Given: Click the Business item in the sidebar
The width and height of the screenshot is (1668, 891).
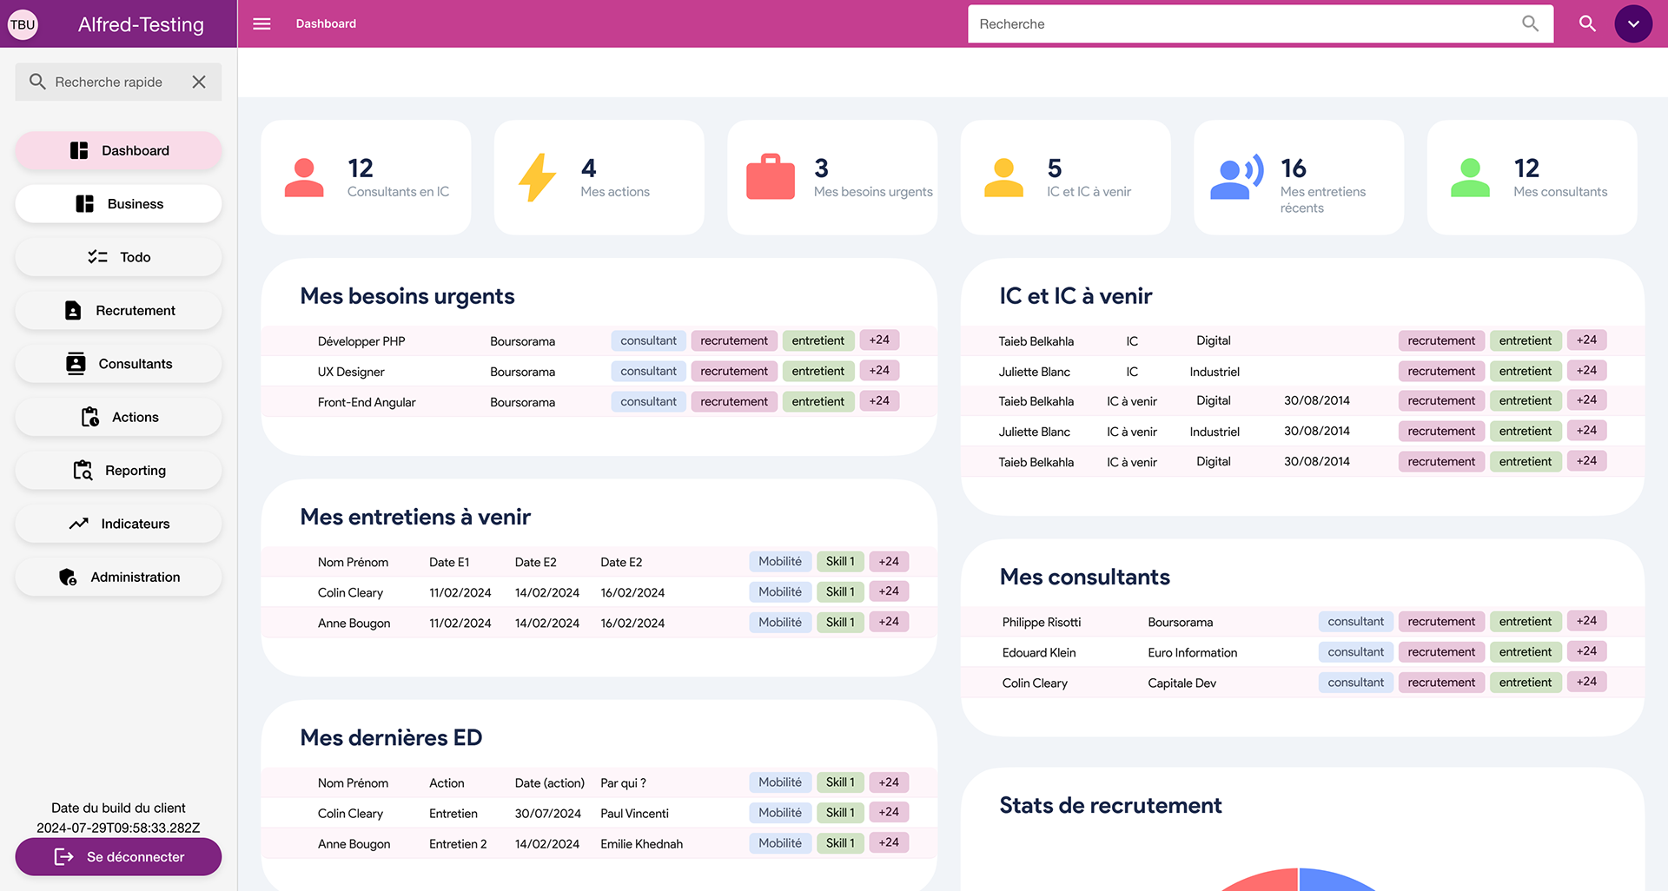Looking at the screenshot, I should (119, 204).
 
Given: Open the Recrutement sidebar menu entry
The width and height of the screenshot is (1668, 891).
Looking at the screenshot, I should (119, 311).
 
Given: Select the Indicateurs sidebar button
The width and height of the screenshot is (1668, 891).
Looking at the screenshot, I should (119, 524).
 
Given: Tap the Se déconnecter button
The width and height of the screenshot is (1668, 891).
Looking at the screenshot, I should (119, 857).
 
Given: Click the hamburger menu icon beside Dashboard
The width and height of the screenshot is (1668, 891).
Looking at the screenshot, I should (261, 23).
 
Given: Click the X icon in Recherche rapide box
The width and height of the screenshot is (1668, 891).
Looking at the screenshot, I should (199, 82).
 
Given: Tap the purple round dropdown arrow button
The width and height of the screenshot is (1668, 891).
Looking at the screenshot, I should (1632, 23).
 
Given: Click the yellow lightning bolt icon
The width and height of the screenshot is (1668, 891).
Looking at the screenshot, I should (537, 177).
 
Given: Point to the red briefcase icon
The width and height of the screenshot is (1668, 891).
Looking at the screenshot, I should (770, 177).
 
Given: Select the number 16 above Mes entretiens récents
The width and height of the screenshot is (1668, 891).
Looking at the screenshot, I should (1293, 168).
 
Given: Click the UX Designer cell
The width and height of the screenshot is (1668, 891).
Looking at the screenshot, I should (351, 372).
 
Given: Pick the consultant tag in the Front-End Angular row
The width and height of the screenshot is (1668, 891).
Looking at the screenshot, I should (648, 401).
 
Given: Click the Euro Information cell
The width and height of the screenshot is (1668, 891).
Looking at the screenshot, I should (1192, 653).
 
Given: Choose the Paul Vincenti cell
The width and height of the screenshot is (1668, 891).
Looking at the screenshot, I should (634, 814).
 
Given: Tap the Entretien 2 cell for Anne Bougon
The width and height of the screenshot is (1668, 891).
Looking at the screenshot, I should (458, 844).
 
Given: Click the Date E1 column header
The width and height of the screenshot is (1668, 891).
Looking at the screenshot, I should (449, 563).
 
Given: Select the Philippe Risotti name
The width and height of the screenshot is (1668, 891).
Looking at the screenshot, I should (1041, 623).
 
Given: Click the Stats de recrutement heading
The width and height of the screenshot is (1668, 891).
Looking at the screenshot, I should (1110, 806).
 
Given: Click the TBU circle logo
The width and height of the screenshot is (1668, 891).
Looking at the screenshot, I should (23, 24).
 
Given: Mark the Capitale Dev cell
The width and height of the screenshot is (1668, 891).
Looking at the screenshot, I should (1181, 683).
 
